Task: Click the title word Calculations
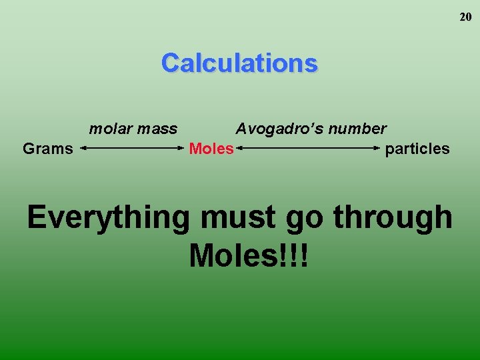click(239, 63)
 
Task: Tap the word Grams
click(47, 149)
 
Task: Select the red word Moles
click(211, 149)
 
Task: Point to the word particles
click(417, 149)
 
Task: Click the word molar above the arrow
click(110, 128)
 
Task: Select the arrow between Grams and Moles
click(132, 149)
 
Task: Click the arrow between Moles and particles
click(309, 149)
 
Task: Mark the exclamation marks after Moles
click(294, 255)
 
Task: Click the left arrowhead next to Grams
click(83, 149)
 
